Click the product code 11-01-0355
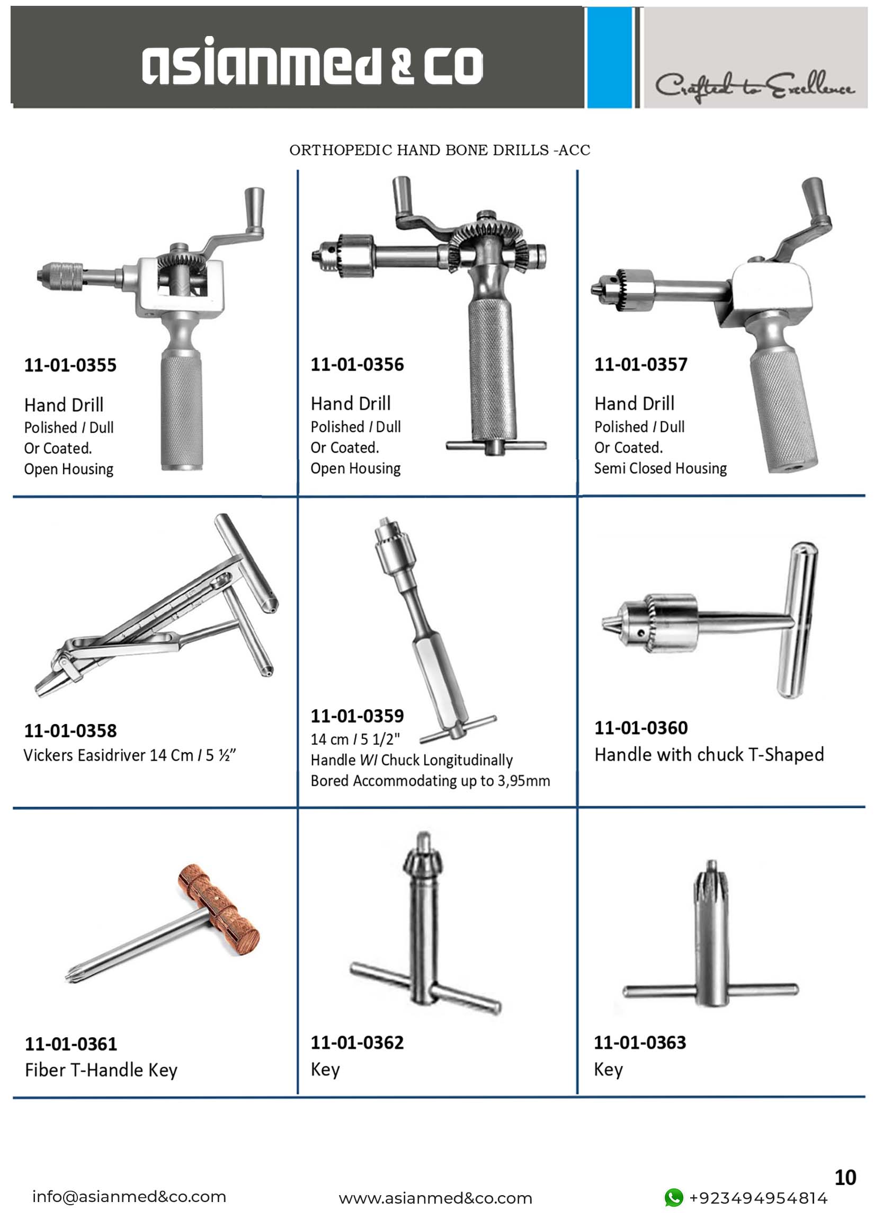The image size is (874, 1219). click(70, 365)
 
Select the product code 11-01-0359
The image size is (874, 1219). click(357, 715)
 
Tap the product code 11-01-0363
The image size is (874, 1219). click(640, 1042)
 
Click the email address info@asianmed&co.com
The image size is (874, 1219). click(129, 1196)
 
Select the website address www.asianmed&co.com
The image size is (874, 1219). click(435, 1198)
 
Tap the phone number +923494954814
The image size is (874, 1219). click(758, 1198)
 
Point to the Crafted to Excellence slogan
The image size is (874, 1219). click(754, 86)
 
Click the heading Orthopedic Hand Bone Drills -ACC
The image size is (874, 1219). click(440, 150)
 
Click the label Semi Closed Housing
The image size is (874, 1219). click(660, 468)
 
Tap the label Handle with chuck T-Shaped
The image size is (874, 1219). click(709, 755)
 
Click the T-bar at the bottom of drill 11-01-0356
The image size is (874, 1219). click(496, 446)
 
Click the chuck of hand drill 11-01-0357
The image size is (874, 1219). click(622, 289)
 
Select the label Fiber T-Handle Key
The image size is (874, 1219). click(101, 1070)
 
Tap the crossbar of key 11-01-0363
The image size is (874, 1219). click(711, 990)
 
